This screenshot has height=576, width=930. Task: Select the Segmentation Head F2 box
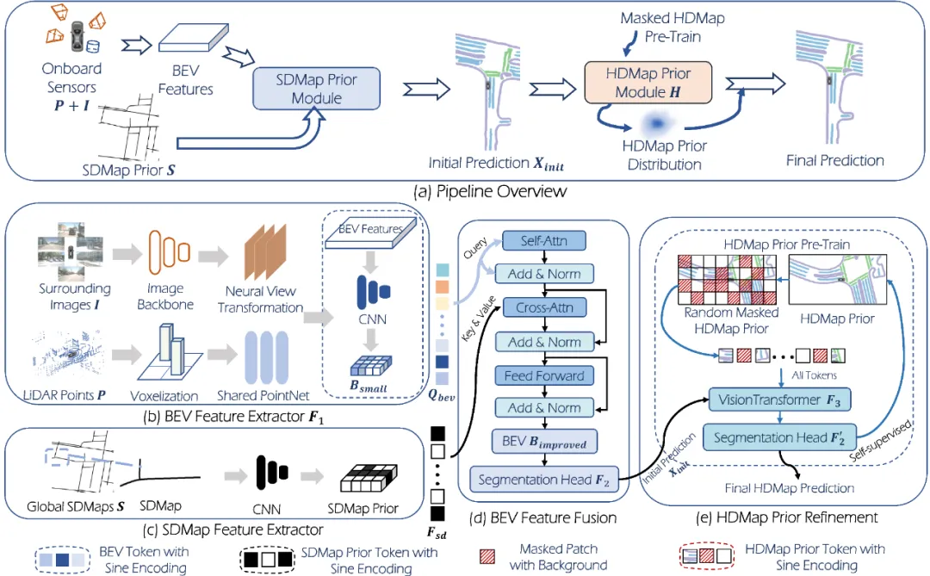pyautogui.click(x=544, y=480)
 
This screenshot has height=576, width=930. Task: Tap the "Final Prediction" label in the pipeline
pyautogui.click(x=834, y=160)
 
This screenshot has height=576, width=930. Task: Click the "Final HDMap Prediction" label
pyautogui.click(x=789, y=488)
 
